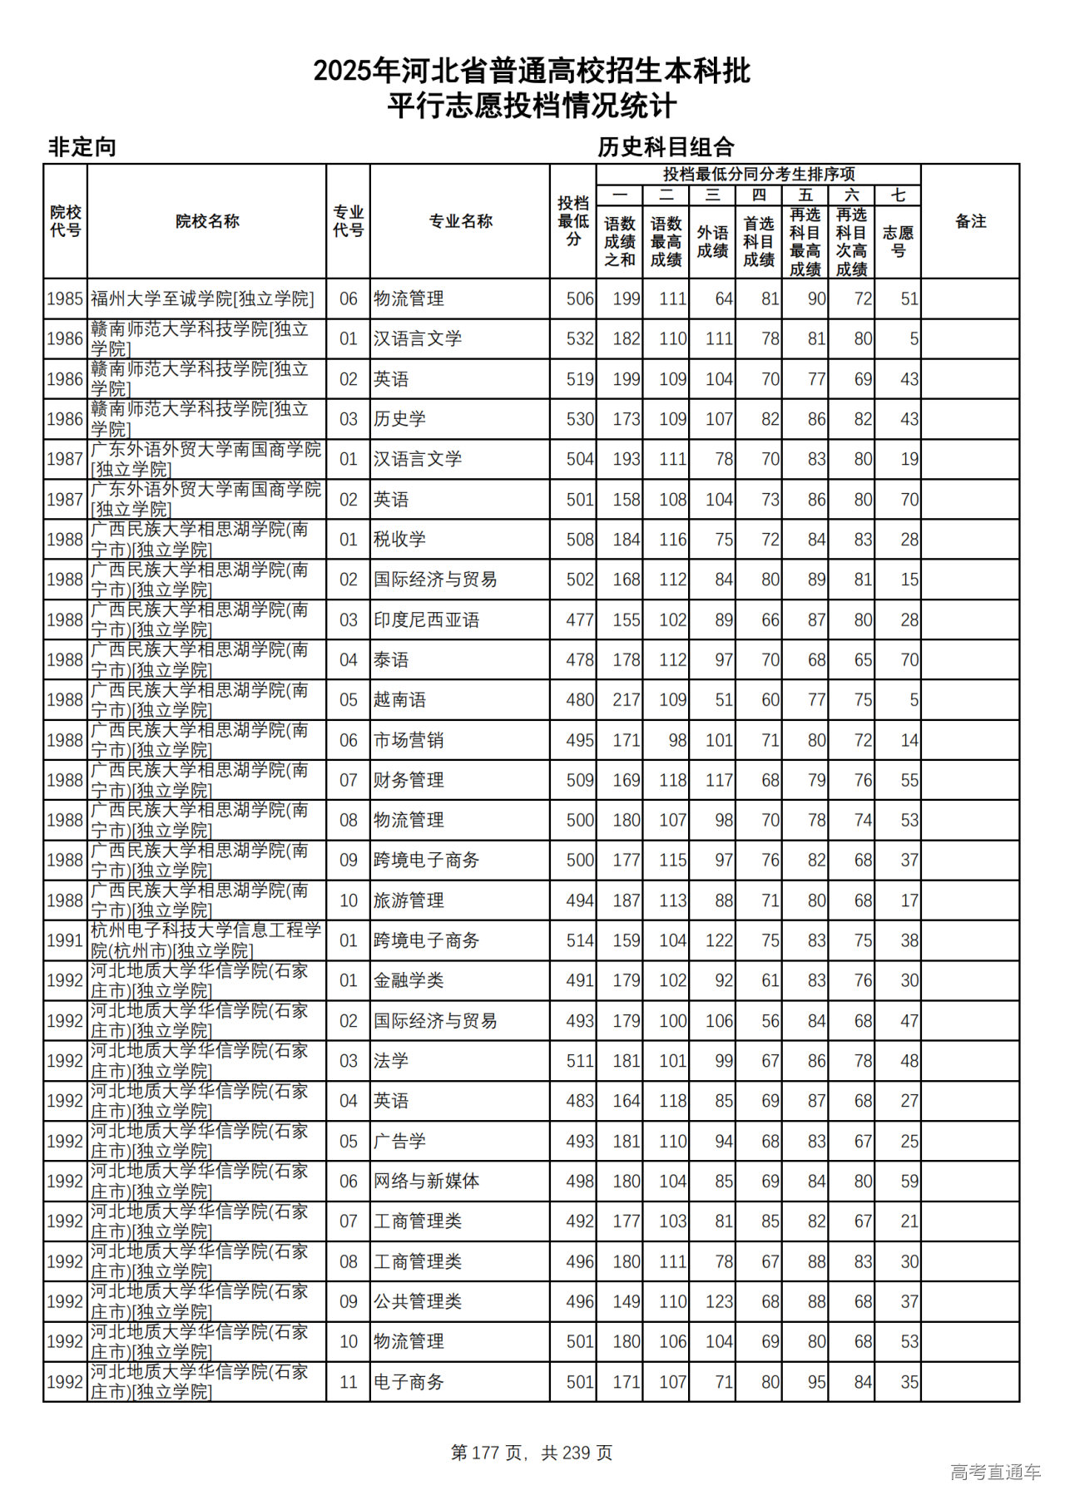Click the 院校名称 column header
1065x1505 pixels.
(207, 221)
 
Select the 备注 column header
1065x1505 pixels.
(970, 221)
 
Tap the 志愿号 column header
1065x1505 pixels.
(898, 241)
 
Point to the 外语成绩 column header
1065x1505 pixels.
(712, 241)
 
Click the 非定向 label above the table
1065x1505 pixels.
(82, 147)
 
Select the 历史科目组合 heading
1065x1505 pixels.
(666, 147)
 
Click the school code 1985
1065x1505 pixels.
(65, 299)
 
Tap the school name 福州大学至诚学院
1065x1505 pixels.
(202, 299)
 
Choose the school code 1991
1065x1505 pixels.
(65, 940)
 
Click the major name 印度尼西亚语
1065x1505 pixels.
(426, 619)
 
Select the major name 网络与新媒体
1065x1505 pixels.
(426, 1181)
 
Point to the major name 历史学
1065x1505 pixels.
(399, 419)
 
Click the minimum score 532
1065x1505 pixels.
(580, 338)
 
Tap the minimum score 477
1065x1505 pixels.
(580, 619)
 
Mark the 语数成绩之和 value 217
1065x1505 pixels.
(627, 700)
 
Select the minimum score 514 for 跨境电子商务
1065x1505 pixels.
(580, 940)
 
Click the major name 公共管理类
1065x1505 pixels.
(417, 1301)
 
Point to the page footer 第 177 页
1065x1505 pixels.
(488, 1453)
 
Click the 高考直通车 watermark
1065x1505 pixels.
(995, 1472)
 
